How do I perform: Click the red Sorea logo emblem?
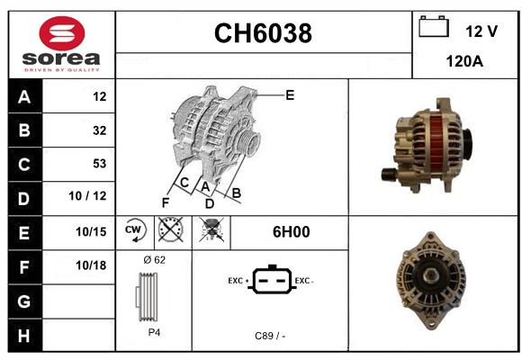tap(62, 33)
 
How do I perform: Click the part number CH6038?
tap(263, 33)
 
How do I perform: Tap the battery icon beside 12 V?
tap(434, 26)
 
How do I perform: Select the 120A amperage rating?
tap(464, 61)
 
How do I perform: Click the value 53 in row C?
tap(100, 164)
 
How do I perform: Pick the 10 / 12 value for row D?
tap(87, 196)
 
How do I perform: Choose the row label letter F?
tap(24, 267)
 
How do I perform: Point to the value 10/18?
tap(91, 265)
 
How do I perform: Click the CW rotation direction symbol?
tap(135, 230)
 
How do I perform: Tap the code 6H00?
tap(291, 232)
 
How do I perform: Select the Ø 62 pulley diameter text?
tap(155, 260)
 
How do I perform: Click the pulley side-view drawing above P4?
tap(147, 297)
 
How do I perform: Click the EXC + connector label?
tap(238, 281)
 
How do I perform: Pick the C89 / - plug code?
tap(270, 336)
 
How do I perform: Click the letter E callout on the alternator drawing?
tap(290, 95)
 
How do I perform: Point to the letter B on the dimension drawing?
tap(236, 193)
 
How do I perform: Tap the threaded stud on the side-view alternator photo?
tap(388, 175)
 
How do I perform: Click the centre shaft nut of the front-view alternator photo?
tap(430, 276)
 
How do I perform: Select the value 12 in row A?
tap(100, 96)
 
